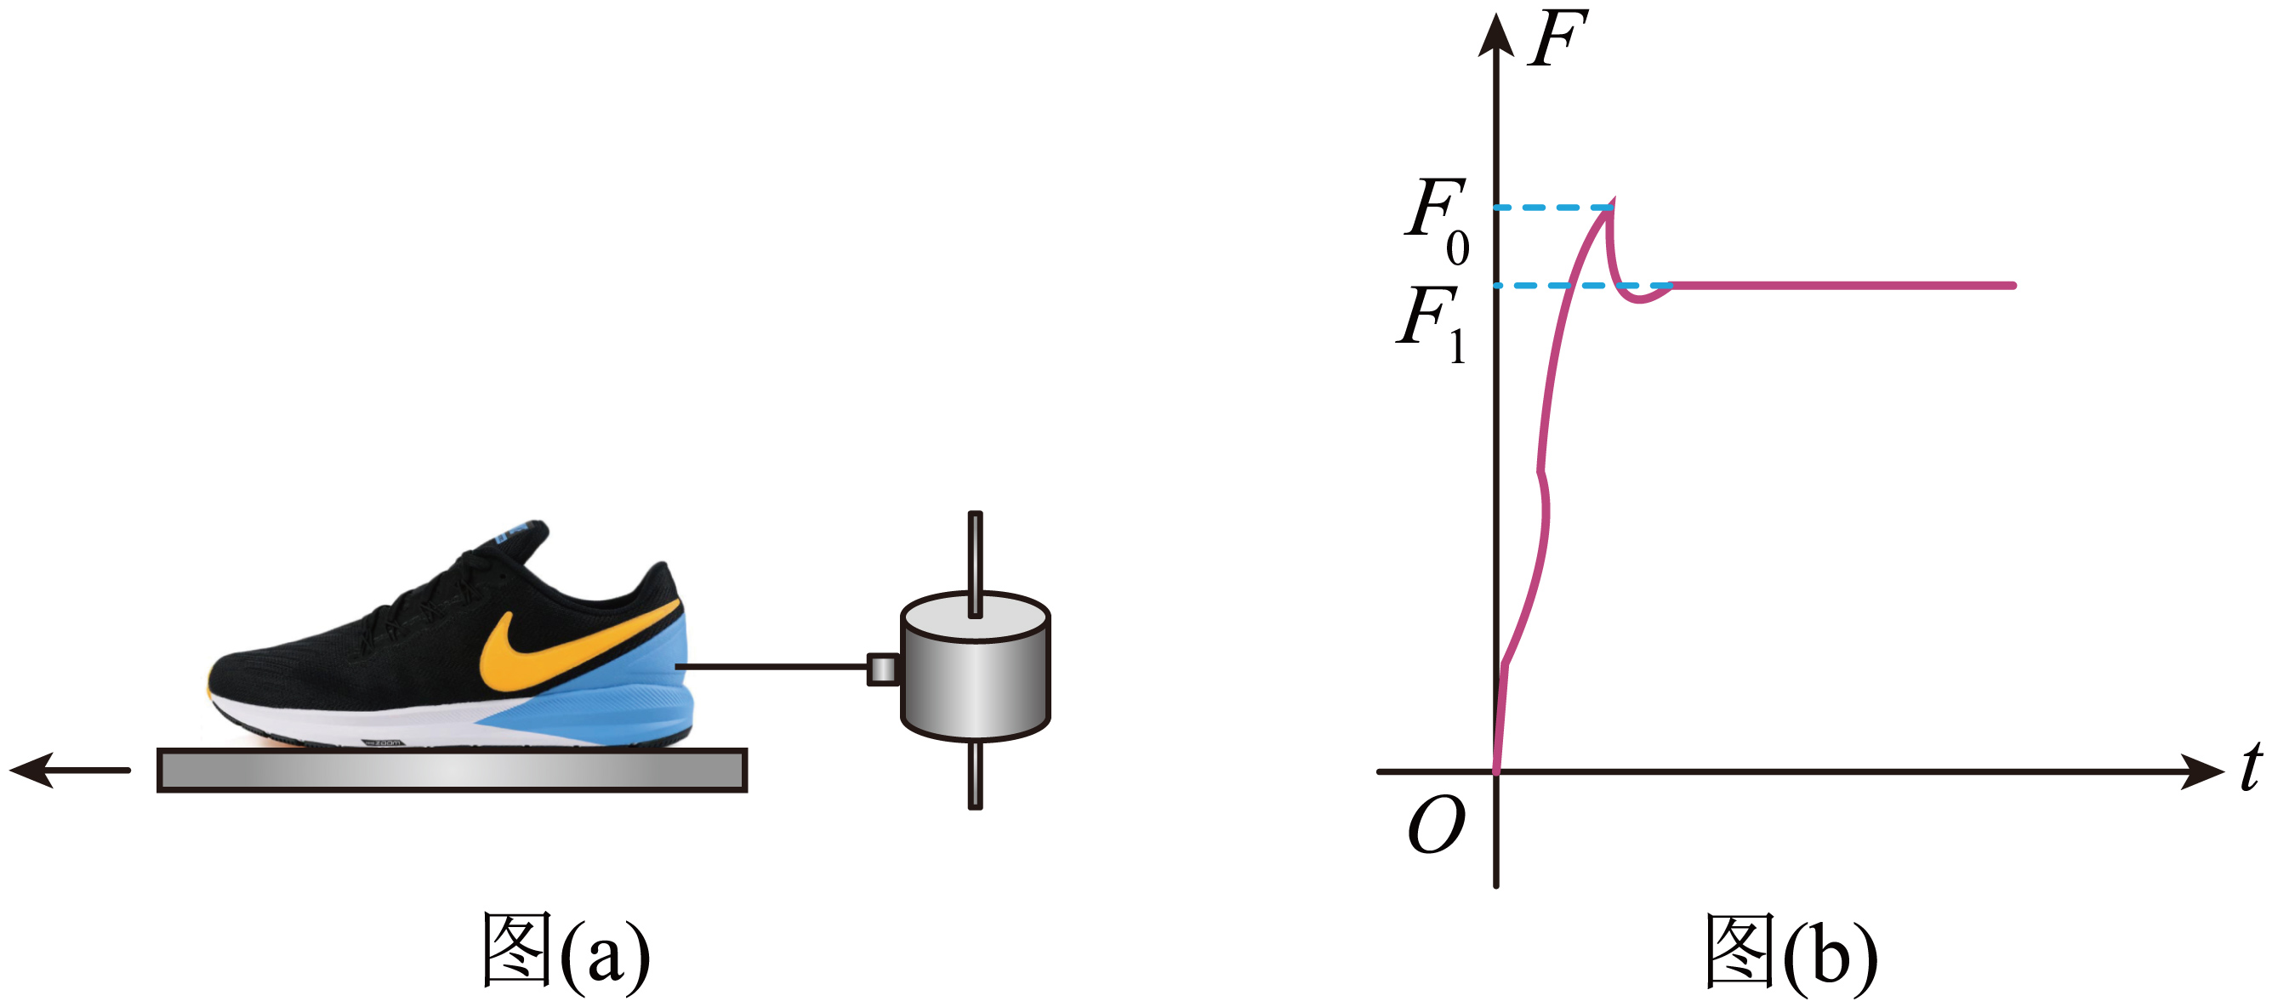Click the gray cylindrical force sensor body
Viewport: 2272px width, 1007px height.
[975, 679]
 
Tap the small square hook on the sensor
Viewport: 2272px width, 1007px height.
[882, 669]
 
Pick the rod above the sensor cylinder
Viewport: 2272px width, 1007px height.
[975, 555]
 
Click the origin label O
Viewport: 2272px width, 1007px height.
[1436, 824]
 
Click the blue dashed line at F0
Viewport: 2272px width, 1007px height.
[1552, 208]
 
